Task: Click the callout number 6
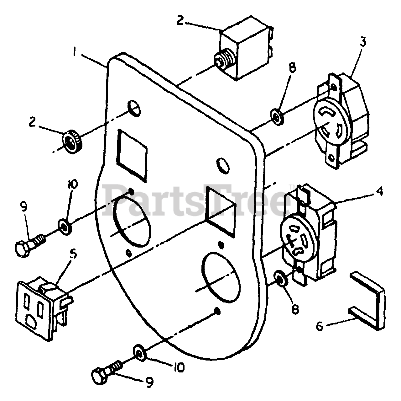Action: (x=319, y=326)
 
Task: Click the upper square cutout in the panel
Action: (x=132, y=156)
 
